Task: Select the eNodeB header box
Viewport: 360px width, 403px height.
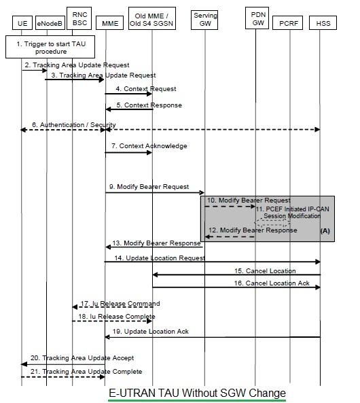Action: click(x=48, y=23)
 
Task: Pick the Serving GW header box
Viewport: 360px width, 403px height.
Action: click(x=205, y=19)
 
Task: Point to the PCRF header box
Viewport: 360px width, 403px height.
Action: click(x=289, y=23)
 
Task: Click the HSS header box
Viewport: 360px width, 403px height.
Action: click(x=323, y=23)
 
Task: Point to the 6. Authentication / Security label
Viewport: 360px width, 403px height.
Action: click(x=73, y=125)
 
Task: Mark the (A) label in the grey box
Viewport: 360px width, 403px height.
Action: click(x=324, y=231)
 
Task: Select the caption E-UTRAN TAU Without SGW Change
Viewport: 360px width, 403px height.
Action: click(x=198, y=393)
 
